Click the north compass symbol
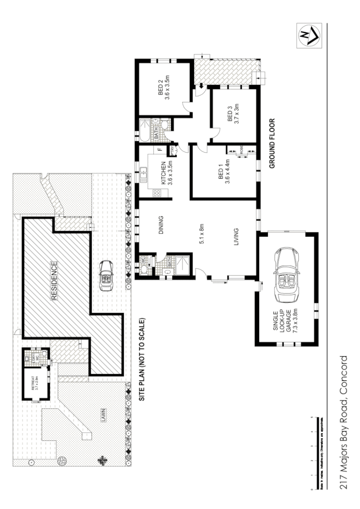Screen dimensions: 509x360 point(309,36)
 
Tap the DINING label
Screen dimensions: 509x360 point(160,224)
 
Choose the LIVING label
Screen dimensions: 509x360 point(236,238)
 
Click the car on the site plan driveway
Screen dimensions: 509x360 point(106,275)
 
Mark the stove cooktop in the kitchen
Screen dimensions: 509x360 point(156,193)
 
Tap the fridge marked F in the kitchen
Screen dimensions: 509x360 point(159,150)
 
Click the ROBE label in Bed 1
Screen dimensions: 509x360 point(241,151)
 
